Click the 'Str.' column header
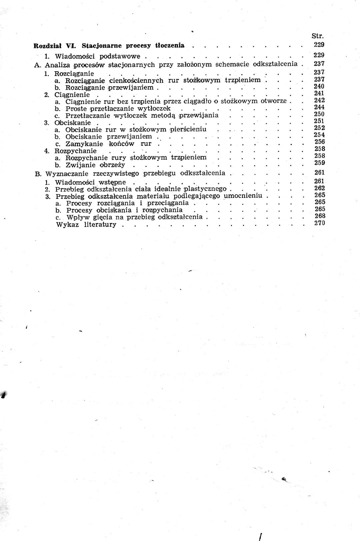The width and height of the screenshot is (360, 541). [x=317, y=36]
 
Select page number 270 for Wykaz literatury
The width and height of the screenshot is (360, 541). [x=319, y=223]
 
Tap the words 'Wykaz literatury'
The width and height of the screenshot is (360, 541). [x=86, y=225]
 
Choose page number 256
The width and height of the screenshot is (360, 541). [x=319, y=142]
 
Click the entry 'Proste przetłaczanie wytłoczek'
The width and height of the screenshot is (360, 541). [x=118, y=109]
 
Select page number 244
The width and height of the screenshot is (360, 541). [x=319, y=107]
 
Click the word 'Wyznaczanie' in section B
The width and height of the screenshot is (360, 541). [x=67, y=173]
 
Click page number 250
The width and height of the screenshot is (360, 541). [x=319, y=114]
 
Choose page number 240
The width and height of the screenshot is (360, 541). [x=319, y=86]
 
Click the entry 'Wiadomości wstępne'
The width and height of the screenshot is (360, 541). [x=90, y=182]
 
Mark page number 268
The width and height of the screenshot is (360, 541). [x=319, y=216]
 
